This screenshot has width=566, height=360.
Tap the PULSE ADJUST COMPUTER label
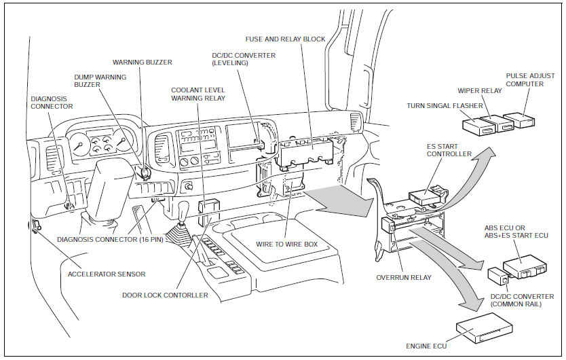pyautogui.click(x=530, y=79)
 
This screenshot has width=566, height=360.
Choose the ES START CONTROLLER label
pyautogui.click(x=449, y=149)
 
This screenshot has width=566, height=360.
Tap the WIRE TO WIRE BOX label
pyautogui.click(x=287, y=243)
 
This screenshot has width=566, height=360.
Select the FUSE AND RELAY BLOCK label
pyautogui.click(x=295, y=39)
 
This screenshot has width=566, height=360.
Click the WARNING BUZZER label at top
pyautogui.click(x=143, y=62)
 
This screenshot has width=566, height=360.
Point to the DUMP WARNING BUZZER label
pyautogui.click(x=100, y=82)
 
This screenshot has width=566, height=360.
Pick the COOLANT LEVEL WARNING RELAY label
pyautogui.click(x=197, y=94)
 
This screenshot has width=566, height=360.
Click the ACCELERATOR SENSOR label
pyautogui.click(x=107, y=274)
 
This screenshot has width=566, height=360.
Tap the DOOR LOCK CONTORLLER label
pyautogui.click(x=165, y=295)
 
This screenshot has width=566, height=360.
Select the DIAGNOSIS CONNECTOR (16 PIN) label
pyautogui.click(x=110, y=239)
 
